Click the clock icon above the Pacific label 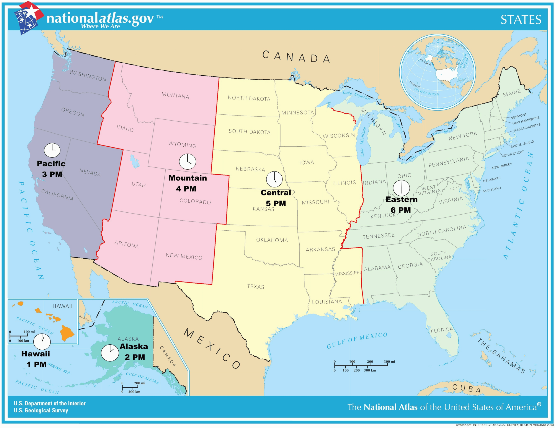(52, 150)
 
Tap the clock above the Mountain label (188, 162)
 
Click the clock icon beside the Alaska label (110, 353)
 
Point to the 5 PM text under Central (276, 203)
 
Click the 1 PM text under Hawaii (36, 364)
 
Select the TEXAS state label (256, 286)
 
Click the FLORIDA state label (442, 330)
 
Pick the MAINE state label (512, 93)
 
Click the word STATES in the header (521, 20)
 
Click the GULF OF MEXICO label (357, 340)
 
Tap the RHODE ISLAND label (522, 144)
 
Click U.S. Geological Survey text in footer (41, 410)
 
